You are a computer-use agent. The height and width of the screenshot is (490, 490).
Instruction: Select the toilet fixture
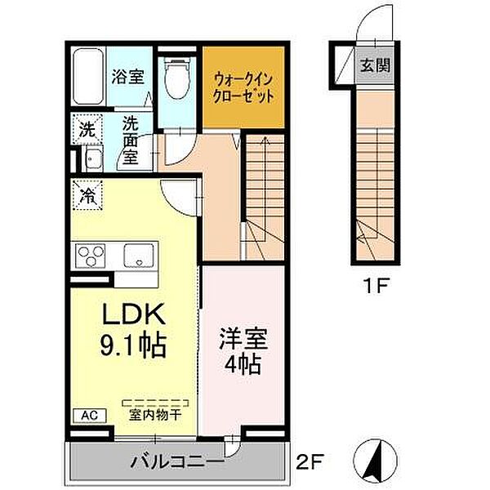pos(174,78)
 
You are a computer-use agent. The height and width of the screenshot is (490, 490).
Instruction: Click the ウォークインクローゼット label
pos(243,86)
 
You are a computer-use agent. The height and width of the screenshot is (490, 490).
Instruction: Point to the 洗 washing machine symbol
pos(86,128)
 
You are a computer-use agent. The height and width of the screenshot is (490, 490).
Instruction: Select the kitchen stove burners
pos(92,257)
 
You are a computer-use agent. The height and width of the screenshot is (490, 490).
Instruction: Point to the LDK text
pos(134,314)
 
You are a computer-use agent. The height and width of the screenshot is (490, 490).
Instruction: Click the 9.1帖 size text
pos(134,345)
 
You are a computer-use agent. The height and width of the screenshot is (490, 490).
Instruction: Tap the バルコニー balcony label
pos(176,463)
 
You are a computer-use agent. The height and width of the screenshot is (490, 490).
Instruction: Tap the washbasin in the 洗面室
pos(91,158)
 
